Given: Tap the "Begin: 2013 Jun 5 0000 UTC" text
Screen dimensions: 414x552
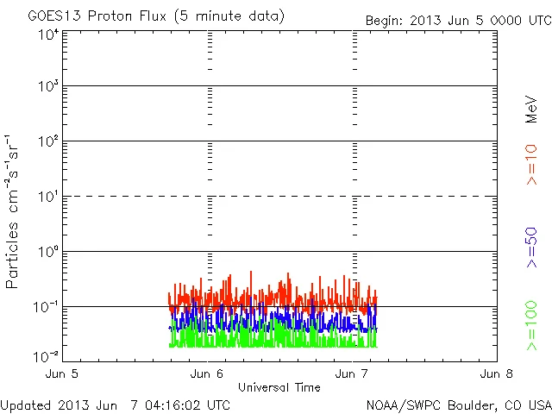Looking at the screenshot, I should pyautogui.click(x=456, y=20).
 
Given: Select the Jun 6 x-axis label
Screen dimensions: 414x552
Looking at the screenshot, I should pyautogui.click(x=207, y=374).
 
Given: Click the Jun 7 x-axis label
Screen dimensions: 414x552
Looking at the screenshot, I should pyautogui.click(x=352, y=374).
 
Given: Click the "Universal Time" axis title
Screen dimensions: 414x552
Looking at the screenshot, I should pyautogui.click(x=279, y=387).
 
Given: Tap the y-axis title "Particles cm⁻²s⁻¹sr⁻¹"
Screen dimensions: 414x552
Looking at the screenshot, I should pyautogui.click(x=13, y=210).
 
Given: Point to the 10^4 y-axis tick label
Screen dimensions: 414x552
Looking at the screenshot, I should pyautogui.click(x=48, y=34).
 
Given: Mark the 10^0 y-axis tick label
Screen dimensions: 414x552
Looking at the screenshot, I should pyautogui.click(x=48, y=254).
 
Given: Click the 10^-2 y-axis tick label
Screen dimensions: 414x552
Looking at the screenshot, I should pyautogui.click(x=47, y=355).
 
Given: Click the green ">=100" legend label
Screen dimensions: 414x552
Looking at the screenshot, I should pyautogui.click(x=531, y=324).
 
